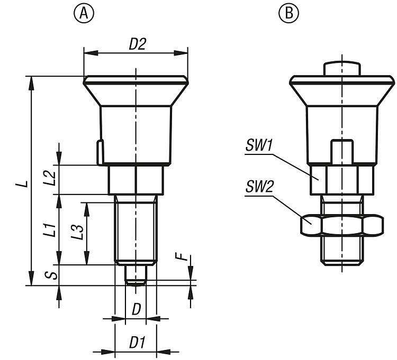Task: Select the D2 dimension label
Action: (x=137, y=45)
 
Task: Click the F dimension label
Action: (x=183, y=259)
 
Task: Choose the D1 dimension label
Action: (x=137, y=343)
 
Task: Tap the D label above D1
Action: (x=136, y=309)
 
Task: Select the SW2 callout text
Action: (x=259, y=188)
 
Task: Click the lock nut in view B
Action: (x=341, y=226)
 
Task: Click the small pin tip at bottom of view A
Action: (x=136, y=276)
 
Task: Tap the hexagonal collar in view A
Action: (x=136, y=180)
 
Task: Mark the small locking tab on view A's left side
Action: (x=99, y=152)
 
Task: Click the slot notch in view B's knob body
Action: (x=342, y=151)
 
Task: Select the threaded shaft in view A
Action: (x=136, y=230)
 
